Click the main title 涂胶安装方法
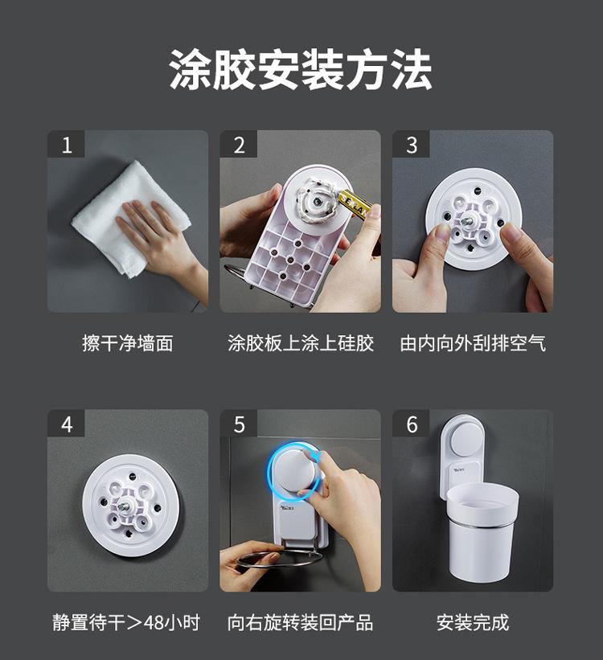point(301,70)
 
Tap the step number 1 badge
point(66,144)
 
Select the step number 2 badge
point(239,144)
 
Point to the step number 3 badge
point(412,144)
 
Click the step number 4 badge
point(66,424)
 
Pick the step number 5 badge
point(239,424)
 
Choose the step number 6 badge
point(412,424)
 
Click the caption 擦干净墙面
point(128,343)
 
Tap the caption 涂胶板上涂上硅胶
point(301,343)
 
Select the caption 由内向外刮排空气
point(473,343)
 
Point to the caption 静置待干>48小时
point(126,622)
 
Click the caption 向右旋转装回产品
point(300,622)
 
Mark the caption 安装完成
point(473,622)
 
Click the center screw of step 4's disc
point(125,506)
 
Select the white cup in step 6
point(482,531)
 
